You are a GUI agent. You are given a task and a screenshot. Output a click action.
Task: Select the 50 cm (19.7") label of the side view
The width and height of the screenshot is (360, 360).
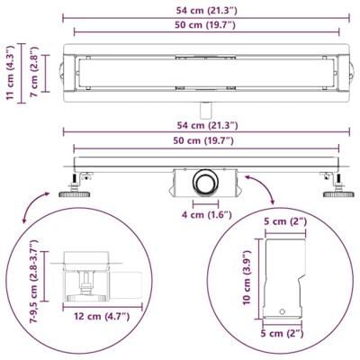[x=202, y=141]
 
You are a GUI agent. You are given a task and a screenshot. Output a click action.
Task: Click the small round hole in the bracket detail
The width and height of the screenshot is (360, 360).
[x=285, y=311]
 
